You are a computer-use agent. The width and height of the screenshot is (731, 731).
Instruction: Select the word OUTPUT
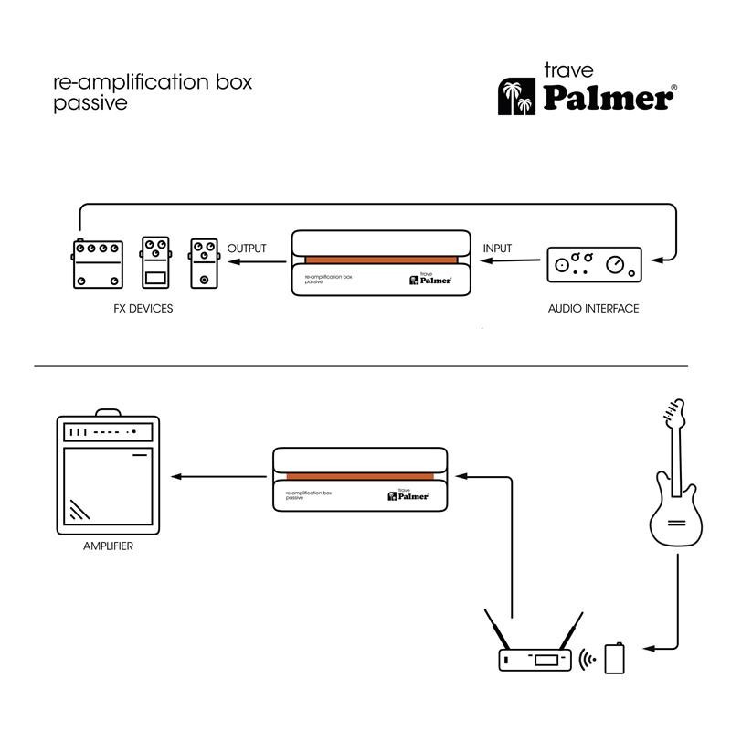247,249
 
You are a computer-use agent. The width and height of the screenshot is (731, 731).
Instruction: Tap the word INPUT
497,249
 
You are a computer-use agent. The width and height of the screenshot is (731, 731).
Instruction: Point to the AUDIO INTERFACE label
593,309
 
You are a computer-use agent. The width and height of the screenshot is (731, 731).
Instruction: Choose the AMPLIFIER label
108,546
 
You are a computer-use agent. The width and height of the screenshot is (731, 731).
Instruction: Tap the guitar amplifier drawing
108,474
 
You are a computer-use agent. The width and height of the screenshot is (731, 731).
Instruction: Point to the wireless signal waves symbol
589,658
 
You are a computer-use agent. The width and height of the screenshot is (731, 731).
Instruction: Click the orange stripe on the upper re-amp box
380,260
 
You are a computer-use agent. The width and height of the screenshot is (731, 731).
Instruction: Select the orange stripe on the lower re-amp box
363,477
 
